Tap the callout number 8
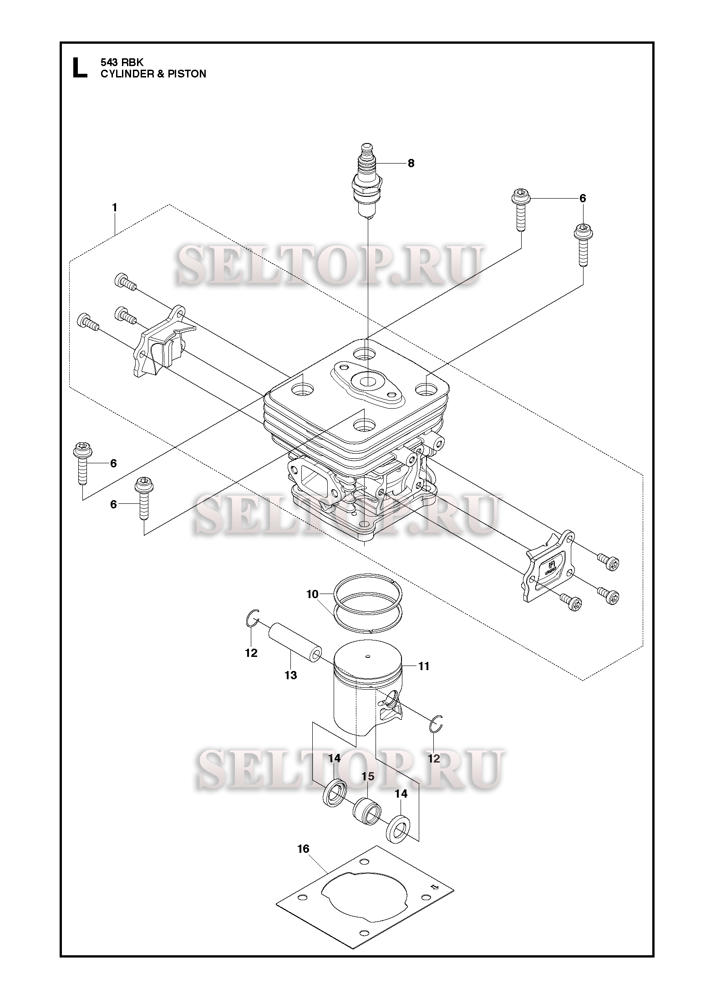[x=411, y=164]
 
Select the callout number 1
[x=115, y=208]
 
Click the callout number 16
[x=303, y=849]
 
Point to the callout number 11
[x=424, y=666]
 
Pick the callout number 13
[x=291, y=675]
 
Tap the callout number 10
[x=312, y=594]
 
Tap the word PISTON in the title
[x=188, y=74]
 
